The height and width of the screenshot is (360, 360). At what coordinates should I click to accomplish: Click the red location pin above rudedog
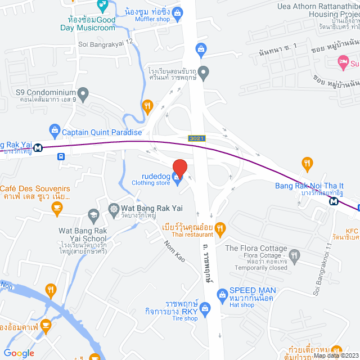coord(179,168)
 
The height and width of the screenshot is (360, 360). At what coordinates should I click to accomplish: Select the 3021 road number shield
coord(196,138)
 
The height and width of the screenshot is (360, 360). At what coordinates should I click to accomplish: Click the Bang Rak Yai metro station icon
coord(38,148)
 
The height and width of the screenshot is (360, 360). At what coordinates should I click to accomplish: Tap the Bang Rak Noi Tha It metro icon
coord(334,201)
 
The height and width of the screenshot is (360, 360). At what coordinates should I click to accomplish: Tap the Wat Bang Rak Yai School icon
coord(93,214)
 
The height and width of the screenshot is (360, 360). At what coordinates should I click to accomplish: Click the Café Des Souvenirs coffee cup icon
coord(56,209)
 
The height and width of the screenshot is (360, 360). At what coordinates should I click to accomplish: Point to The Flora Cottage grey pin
coord(295,256)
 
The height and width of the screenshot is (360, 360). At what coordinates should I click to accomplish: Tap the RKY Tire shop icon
coord(205,308)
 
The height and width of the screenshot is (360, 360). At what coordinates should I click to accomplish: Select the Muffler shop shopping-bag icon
coord(178,12)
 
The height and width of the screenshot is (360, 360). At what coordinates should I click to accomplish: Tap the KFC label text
coord(351,231)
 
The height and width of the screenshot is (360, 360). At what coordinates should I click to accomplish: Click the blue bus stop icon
coord(61,158)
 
